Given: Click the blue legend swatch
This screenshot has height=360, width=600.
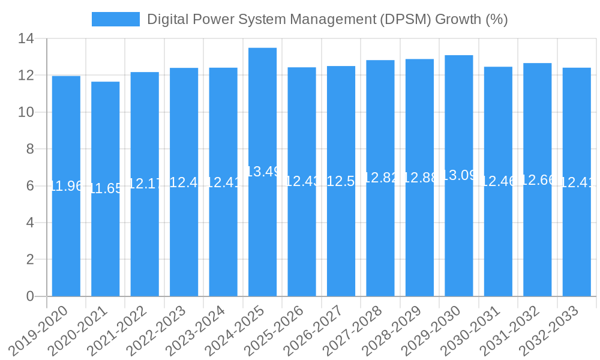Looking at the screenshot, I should (x=115, y=19).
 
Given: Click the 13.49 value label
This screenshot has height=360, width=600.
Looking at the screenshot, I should (x=263, y=172).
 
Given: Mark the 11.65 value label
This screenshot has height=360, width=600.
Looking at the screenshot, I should (x=106, y=188).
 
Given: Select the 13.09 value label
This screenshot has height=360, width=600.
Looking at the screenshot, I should (x=459, y=175).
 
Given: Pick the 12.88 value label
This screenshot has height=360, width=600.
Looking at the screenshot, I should (x=419, y=178).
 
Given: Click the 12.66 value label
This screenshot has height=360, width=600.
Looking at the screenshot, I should (x=538, y=179).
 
